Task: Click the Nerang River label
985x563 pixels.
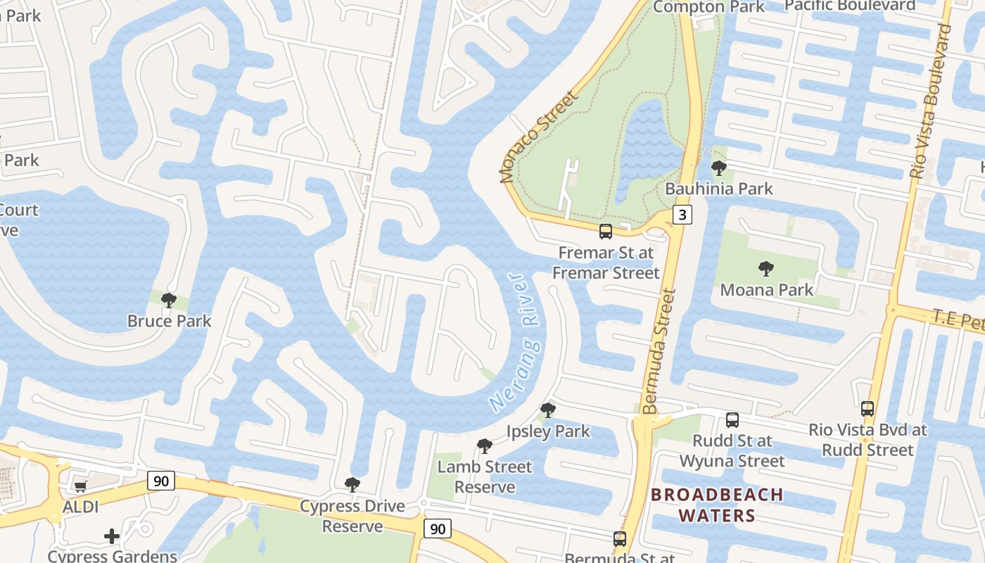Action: pyautogui.click(x=515, y=343)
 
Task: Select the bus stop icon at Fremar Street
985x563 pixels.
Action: pyautogui.click(x=605, y=231)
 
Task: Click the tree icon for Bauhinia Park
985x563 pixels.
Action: pyautogui.click(x=718, y=168)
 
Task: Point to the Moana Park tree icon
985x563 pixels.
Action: pyautogui.click(x=765, y=269)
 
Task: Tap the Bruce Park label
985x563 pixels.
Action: pyautogui.click(x=169, y=321)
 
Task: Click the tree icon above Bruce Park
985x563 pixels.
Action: pyautogui.click(x=168, y=301)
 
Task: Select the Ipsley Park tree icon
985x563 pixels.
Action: pyautogui.click(x=547, y=410)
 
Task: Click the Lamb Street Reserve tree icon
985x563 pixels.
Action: pyautogui.click(x=484, y=445)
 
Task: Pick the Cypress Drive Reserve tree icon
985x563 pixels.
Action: pyautogui.click(x=352, y=485)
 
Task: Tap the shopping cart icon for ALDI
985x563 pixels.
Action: pyautogui.click(x=80, y=486)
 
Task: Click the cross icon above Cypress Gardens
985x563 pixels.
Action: pyautogui.click(x=112, y=537)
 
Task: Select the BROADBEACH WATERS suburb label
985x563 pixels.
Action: pyautogui.click(x=717, y=505)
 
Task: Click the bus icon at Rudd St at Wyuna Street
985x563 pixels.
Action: pyautogui.click(x=732, y=420)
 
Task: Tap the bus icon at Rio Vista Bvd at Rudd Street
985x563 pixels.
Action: pyautogui.click(x=868, y=409)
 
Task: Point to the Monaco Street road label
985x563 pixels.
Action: pyautogui.click(x=538, y=137)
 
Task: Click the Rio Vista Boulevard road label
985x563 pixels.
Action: pyautogui.click(x=930, y=102)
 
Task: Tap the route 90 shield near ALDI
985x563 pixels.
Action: pyautogui.click(x=161, y=481)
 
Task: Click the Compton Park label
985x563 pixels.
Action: pyautogui.click(x=708, y=7)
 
